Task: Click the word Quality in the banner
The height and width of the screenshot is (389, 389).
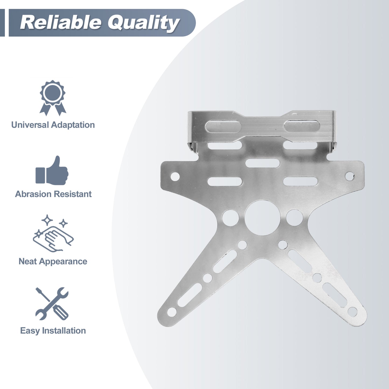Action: (x=143, y=23)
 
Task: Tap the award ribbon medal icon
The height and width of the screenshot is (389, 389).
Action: (x=53, y=98)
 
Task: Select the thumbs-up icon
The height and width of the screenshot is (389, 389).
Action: (x=52, y=170)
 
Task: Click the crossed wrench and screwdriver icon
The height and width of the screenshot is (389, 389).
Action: (x=52, y=304)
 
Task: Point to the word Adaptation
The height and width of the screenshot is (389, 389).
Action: (x=73, y=125)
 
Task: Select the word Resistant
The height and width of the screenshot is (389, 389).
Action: (x=72, y=194)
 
